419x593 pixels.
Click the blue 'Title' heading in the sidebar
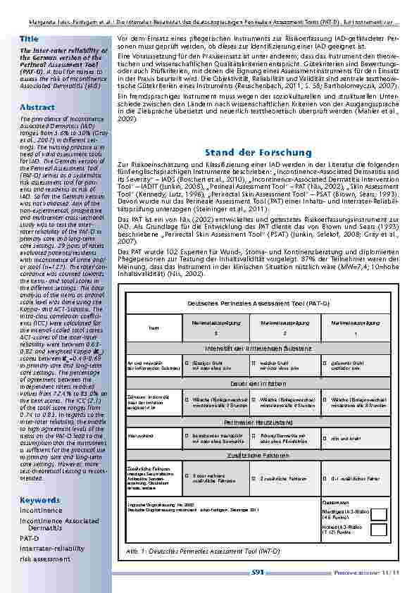[29, 38]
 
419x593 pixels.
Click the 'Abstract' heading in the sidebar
[33, 107]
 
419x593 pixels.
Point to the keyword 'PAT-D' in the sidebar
[30, 537]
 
